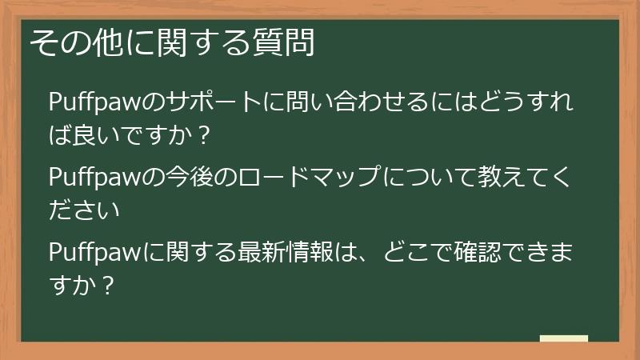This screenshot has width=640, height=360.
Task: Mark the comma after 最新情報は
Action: [x=369, y=258]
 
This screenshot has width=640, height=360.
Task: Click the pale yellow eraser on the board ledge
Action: [x=563, y=338]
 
